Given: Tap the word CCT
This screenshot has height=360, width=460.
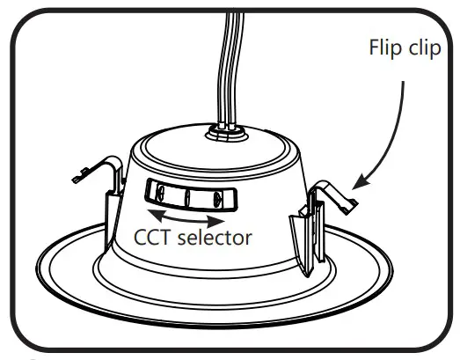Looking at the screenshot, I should point(151,238).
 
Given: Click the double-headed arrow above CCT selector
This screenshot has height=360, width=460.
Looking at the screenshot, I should point(183,216).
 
